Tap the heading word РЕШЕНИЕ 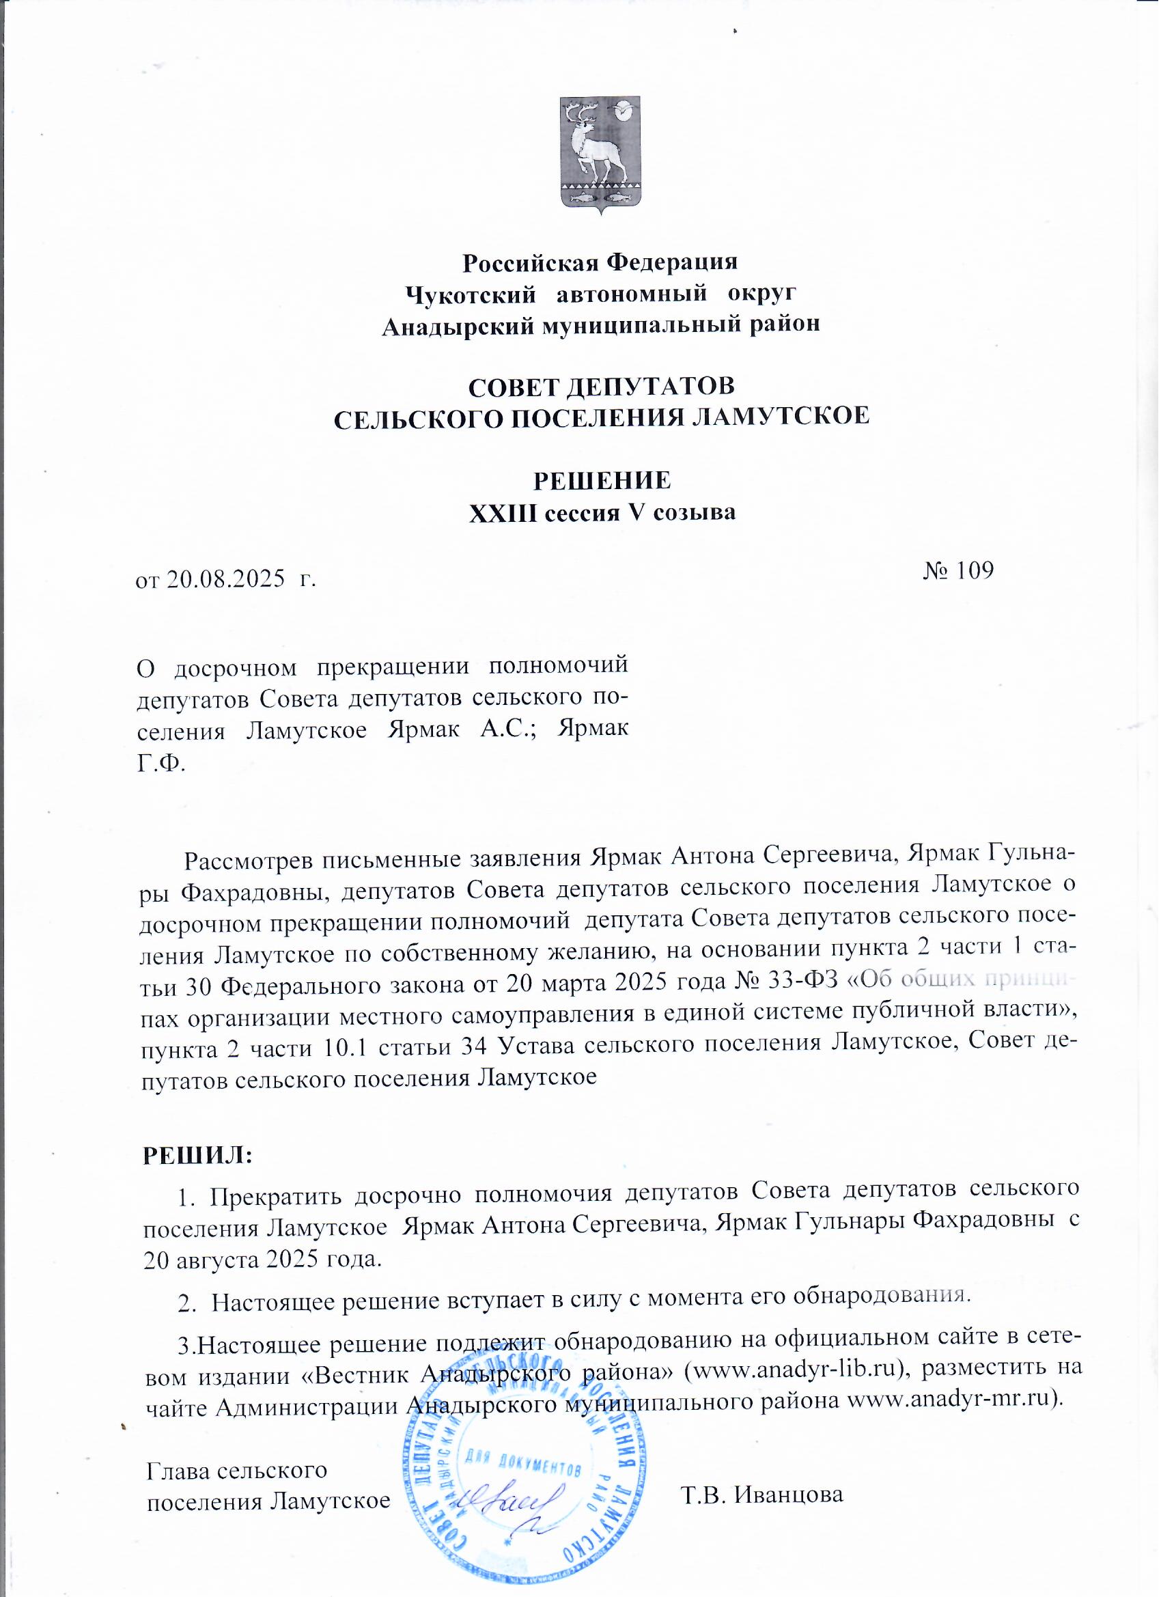point(602,481)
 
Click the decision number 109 point(972,570)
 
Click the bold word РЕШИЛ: point(198,1156)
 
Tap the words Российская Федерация point(600,263)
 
